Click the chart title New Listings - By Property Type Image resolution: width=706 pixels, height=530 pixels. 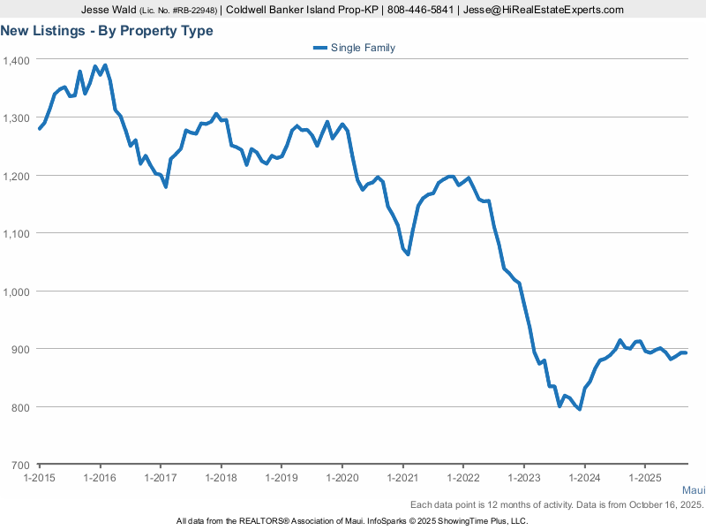click(107, 31)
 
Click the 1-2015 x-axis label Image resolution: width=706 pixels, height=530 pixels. click(40, 477)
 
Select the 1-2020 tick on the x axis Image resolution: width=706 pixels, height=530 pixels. click(342, 477)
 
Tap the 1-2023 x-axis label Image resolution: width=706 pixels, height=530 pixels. click(523, 477)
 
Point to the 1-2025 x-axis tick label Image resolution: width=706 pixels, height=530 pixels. click(644, 477)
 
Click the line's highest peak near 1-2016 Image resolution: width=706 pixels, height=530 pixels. click(105, 65)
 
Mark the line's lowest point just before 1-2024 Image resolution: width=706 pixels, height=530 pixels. click(580, 409)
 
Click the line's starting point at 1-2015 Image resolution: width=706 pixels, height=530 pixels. click(40, 129)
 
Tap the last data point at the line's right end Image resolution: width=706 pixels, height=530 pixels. click(686, 353)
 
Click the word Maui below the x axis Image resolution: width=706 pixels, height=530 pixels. click(693, 489)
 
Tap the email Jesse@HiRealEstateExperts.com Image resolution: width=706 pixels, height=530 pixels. click(545, 10)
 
